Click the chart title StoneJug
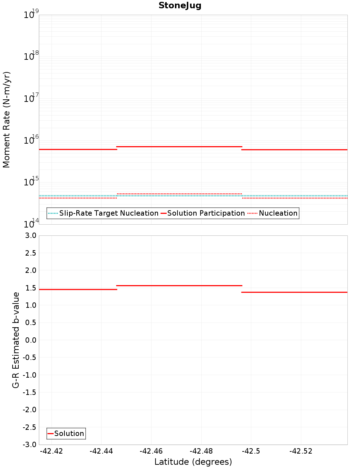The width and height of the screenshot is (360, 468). coord(180,5)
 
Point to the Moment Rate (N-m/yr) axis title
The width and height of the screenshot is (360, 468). coord(6,120)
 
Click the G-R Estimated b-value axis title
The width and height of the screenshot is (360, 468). coord(16,340)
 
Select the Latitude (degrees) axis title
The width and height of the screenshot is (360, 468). coord(193,462)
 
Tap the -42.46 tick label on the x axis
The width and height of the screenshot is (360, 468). coord(151,451)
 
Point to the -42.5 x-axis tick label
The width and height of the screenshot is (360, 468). coord(251,451)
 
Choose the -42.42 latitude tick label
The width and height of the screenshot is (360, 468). coord(51,451)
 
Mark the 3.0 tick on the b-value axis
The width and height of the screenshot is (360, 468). coord(30,235)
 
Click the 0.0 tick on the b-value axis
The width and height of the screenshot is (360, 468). coord(30,340)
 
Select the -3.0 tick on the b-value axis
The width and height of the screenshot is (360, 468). coord(30,445)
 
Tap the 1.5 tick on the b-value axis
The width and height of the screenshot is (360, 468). coord(30,288)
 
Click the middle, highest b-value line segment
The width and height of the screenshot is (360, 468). coord(179,285)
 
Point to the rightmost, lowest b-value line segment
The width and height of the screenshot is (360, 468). coord(294,292)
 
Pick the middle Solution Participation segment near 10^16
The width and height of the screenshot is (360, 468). coord(179,147)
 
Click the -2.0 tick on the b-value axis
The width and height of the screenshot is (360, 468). coord(30,410)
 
